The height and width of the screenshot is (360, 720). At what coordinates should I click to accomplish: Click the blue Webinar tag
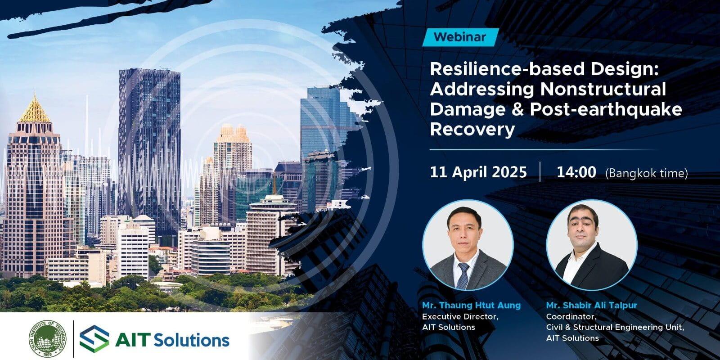pyautogui.click(x=460, y=37)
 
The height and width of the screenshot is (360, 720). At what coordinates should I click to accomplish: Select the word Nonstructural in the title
pyautogui.click(x=603, y=89)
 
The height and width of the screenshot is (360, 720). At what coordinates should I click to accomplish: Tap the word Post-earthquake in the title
pyautogui.click(x=606, y=110)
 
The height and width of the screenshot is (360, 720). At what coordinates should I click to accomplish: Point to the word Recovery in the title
pyautogui.click(x=472, y=130)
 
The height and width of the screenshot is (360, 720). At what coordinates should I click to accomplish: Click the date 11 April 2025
pyautogui.click(x=478, y=172)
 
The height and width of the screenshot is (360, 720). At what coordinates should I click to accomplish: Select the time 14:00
pyautogui.click(x=576, y=172)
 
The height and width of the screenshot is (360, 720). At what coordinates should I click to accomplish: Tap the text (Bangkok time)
pyautogui.click(x=646, y=174)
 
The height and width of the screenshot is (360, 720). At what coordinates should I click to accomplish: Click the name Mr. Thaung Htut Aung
pyautogui.click(x=471, y=306)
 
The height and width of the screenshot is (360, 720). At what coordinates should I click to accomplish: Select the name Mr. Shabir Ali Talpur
pyautogui.click(x=591, y=306)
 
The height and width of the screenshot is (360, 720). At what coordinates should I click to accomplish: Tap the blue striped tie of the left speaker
pyautogui.click(x=463, y=275)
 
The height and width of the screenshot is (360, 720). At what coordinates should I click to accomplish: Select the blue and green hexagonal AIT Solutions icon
pyautogui.click(x=94, y=339)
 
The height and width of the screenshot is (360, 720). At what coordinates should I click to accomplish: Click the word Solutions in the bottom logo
pyautogui.click(x=192, y=340)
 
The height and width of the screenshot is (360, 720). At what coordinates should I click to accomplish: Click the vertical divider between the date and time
pyautogui.click(x=540, y=172)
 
